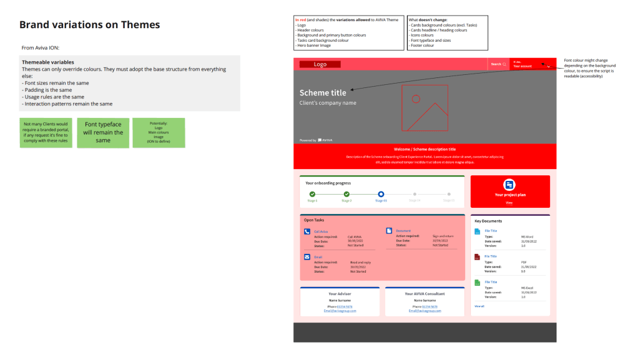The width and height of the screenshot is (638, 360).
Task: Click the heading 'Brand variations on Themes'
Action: point(89,25)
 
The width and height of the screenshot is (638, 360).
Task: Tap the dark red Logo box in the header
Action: point(320,64)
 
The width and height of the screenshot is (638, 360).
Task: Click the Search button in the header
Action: point(498,64)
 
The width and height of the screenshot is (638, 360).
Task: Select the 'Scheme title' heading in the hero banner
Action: point(323,93)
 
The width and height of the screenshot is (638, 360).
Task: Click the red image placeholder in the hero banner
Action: point(425,107)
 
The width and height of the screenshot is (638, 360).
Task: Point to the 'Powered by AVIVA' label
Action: point(316,140)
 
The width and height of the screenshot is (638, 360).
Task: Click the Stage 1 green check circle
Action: point(312,195)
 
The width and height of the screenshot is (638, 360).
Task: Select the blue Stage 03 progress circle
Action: point(381,195)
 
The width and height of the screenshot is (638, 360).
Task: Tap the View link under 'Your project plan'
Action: point(509,203)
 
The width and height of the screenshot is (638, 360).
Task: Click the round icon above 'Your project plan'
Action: point(509,185)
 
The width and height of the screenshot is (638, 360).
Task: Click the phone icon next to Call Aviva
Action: point(307,231)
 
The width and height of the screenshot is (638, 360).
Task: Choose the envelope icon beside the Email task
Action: point(307,256)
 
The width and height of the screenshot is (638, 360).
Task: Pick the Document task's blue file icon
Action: point(390,231)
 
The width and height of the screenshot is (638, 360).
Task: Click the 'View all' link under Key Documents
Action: point(479,306)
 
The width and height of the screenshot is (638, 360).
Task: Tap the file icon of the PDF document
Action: point(478,257)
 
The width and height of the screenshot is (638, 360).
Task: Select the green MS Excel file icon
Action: point(478,283)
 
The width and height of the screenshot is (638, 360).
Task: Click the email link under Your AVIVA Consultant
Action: point(425,311)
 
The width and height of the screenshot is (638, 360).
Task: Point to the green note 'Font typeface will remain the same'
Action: point(103,132)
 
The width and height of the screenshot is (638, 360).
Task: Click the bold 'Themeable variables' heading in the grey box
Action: point(48,62)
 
